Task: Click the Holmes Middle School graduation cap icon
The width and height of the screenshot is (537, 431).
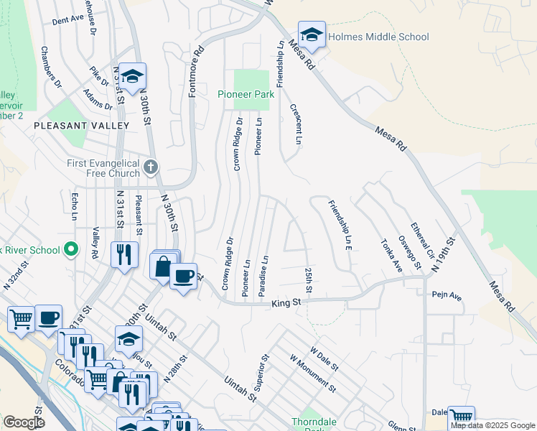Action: tap(312, 34)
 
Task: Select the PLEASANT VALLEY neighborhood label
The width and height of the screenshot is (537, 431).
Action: tap(81, 126)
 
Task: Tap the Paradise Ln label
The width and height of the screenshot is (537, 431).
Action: tap(264, 273)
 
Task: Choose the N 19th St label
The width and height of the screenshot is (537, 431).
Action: tap(444, 255)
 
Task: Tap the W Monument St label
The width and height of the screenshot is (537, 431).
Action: tap(312, 373)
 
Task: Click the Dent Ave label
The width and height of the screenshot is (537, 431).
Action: tap(68, 20)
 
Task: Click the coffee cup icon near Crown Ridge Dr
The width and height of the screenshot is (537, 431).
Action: tap(184, 277)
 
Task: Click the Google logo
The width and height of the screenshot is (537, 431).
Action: tap(24, 422)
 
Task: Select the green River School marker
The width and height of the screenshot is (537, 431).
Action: tap(70, 250)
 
